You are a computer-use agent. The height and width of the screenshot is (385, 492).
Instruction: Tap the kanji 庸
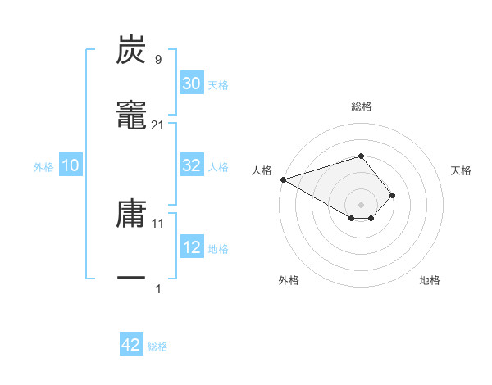pos(131,215)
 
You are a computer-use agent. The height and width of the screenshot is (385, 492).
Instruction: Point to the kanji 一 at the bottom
pos(131,279)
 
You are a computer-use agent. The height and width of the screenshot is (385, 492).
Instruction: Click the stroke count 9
pos(157,60)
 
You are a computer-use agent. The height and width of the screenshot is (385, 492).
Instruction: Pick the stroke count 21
pos(157,125)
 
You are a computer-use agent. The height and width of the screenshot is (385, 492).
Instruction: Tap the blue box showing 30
pos(192,84)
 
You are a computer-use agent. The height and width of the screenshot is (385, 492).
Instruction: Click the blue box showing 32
pos(192,165)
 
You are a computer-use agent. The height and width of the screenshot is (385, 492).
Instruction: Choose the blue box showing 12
pos(192,247)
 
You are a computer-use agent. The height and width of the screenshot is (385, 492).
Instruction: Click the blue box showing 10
pos(71,165)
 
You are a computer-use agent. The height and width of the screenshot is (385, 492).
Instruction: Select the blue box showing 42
pos(131,345)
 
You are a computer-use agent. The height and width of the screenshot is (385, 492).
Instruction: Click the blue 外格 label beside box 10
pos(43,167)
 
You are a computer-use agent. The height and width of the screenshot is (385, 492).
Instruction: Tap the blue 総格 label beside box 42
pos(157,346)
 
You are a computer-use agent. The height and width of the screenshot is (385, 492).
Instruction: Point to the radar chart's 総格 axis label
pos(361,106)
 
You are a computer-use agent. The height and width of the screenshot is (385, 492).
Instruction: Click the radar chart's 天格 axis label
pos(462,170)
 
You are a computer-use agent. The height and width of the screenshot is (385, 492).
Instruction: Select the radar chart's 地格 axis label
pos(430,281)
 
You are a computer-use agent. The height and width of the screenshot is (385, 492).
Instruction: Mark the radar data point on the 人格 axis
pos(283,179)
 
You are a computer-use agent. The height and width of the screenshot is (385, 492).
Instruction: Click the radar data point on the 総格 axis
pos(361,155)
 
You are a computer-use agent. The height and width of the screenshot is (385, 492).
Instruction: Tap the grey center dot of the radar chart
pos(361,204)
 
